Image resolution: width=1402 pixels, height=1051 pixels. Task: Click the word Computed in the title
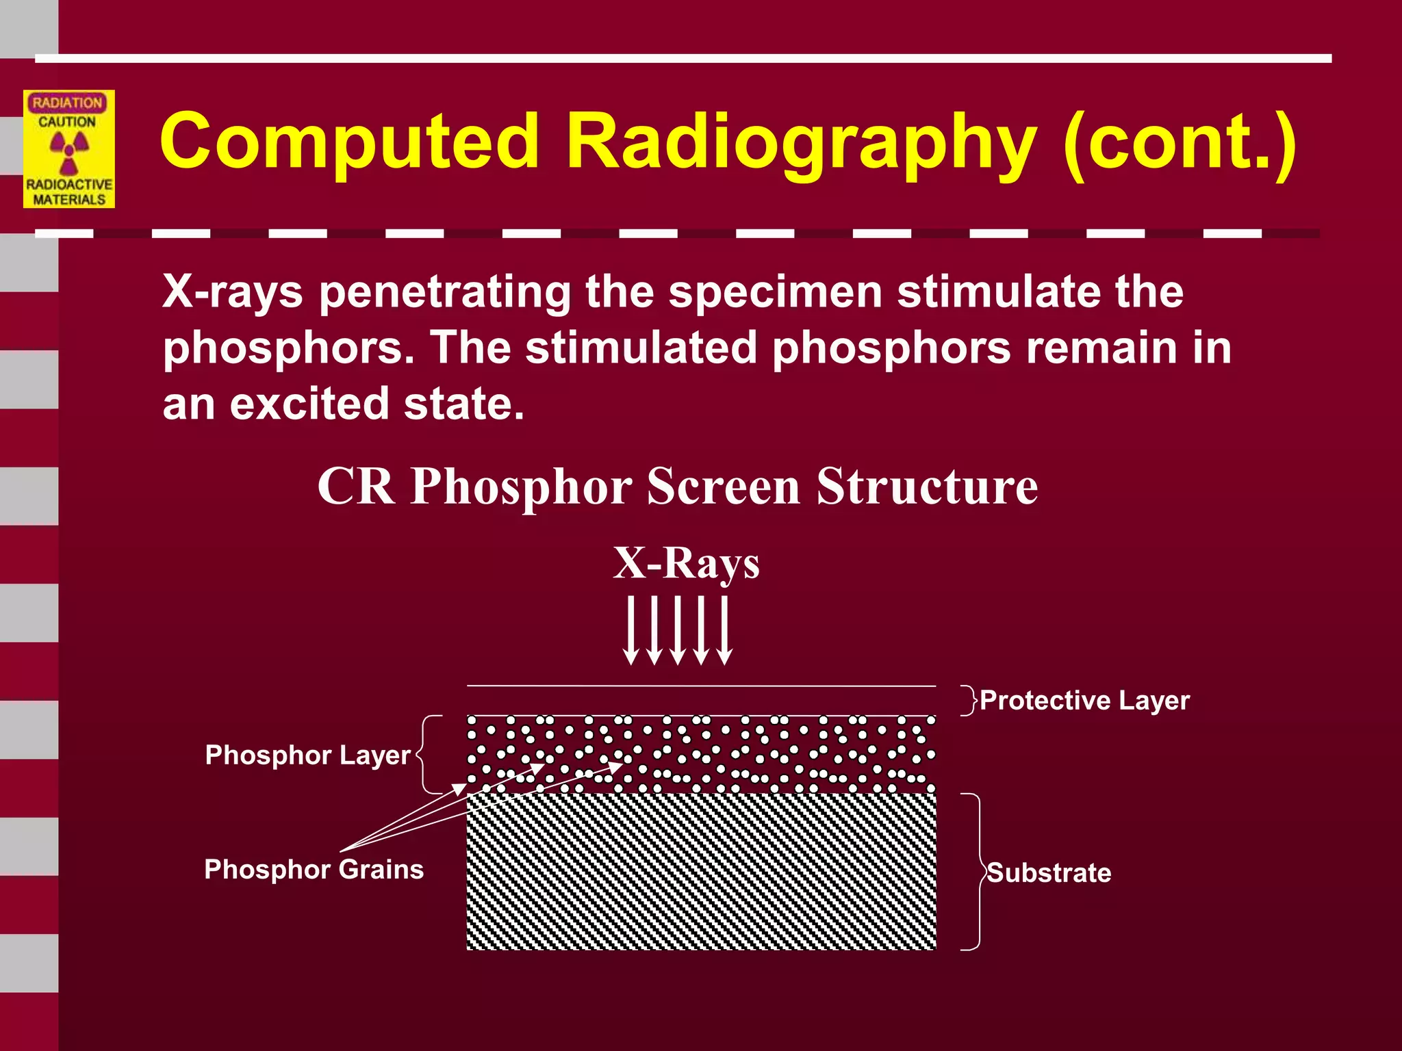(x=349, y=142)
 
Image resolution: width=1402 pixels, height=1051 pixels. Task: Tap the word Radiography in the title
(x=801, y=142)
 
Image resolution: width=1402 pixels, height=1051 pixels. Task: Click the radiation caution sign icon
(x=69, y=149)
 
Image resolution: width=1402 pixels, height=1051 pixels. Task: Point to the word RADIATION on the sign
(x=67, y=103)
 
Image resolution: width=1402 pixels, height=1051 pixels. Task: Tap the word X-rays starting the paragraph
(x=232, y=292)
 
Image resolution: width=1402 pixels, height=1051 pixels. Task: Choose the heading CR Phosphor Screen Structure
(x=678, y=486)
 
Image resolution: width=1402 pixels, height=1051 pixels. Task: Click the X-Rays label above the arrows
(x=686, y=563)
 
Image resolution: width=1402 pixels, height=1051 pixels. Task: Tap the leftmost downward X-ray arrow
(x=630, y=630)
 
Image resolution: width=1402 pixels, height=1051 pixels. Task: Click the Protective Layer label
(x=1084, y=701)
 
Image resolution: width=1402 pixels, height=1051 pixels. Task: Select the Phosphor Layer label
(x=307, y=755)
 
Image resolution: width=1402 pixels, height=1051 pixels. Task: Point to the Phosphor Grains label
(x=314, y=870)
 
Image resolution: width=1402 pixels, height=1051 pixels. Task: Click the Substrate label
(x=1049, y=873)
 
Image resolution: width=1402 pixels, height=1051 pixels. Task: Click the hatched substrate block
(x=701, y=871)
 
